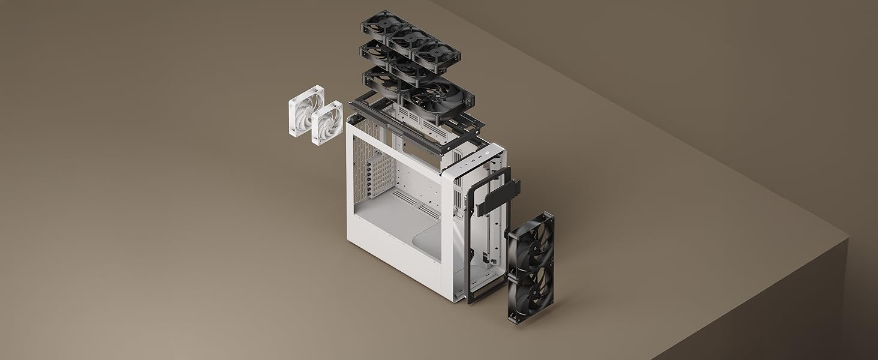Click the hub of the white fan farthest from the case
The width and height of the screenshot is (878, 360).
[x=306, y=111]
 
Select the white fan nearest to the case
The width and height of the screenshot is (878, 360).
[x=327, y=123]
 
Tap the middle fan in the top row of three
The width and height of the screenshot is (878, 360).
[x=410, y=38]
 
